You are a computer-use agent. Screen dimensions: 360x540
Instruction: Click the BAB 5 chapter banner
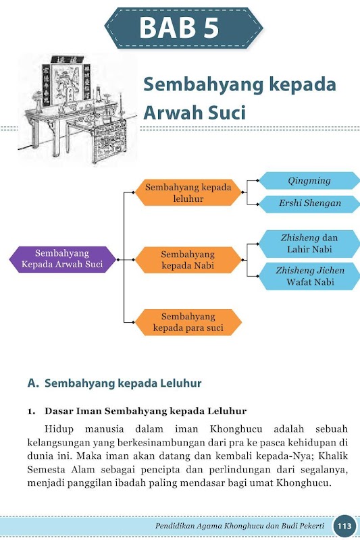[x=184, y=28]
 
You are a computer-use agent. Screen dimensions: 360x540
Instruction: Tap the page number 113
[x=344, y=526]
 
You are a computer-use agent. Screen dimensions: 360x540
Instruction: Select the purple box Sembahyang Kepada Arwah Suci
[x=62, y=259]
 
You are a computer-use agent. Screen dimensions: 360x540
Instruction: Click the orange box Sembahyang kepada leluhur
[x=188, y=192]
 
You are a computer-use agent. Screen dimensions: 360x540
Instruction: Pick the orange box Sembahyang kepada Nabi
[x=188, y=260]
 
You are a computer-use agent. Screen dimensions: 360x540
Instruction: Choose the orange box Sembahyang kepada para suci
[x=188, y=322]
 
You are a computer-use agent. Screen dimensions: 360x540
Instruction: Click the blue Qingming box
[x=309, y=181]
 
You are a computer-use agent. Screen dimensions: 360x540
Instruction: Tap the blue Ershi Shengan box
[x=309, y=204]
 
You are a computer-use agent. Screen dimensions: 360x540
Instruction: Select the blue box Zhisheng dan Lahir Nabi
[x=309, y=244]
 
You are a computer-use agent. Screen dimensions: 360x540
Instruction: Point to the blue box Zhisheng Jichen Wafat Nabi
[x=309, y=276]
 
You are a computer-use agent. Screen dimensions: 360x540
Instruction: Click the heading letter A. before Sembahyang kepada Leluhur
[x=33, y=383]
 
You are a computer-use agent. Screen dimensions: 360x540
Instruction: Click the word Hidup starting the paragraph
[x=59, y=429]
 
